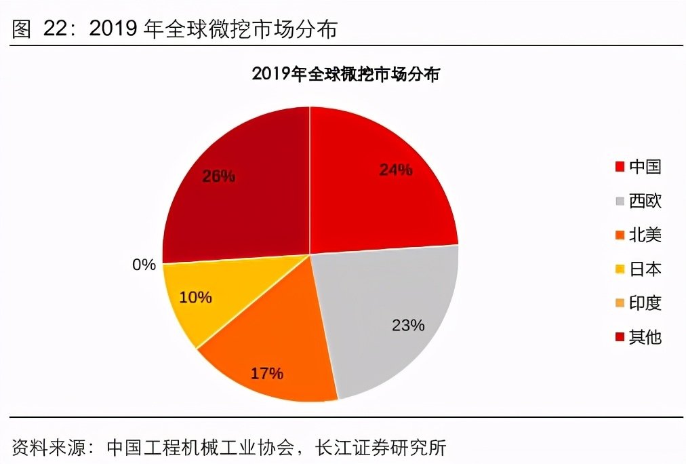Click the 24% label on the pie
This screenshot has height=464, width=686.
point(396,170)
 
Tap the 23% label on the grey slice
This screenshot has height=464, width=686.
point(408,325)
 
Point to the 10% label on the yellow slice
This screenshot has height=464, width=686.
point(196,297)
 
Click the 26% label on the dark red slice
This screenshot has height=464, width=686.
point(218,176)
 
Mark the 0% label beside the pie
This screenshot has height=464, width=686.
point(144,265)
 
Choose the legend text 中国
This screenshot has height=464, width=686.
point(645,167)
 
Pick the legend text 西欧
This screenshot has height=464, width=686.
point(645,201)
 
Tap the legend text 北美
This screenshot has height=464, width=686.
point(645,235)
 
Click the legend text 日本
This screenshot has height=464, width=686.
point(645,269)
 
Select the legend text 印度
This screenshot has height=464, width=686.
point(645,303)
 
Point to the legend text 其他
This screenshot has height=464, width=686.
point(645,336)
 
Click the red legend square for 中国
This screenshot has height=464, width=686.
point(620,167)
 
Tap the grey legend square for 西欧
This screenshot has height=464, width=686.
point(620,201)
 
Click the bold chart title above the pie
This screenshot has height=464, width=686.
point(346,74)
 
